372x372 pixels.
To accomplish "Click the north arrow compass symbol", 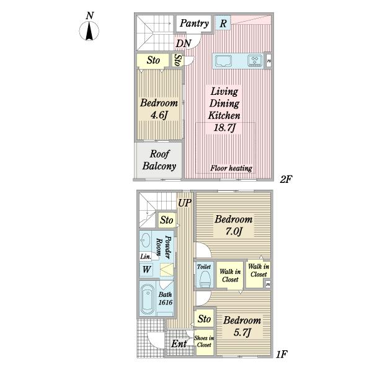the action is (89, 31).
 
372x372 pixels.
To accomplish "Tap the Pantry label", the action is (194, 24).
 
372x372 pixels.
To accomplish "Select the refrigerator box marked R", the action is (223, 23).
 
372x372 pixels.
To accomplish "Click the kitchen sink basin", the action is (223, 61).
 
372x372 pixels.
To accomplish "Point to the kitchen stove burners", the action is (255, 60).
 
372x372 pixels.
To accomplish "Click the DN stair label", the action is (184, 43).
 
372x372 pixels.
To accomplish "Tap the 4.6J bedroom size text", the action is (159, 115).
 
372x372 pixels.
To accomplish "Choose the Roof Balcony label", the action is (159, 160).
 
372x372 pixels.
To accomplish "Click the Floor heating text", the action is (231, 168).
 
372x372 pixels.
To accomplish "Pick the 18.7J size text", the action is (224, 128).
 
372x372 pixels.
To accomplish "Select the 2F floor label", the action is (286, 179).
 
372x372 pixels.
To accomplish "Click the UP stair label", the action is (185, 203).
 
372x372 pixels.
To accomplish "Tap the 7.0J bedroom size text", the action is (234, 231).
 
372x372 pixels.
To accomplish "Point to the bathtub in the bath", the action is (148, 299).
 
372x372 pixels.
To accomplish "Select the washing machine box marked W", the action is (146, 270).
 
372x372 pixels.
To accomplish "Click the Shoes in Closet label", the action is (204, 342).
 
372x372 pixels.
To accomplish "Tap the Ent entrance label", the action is (179, 343).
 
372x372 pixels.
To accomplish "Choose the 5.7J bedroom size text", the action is (242, 332).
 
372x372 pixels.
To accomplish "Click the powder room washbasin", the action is (145, 241).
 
